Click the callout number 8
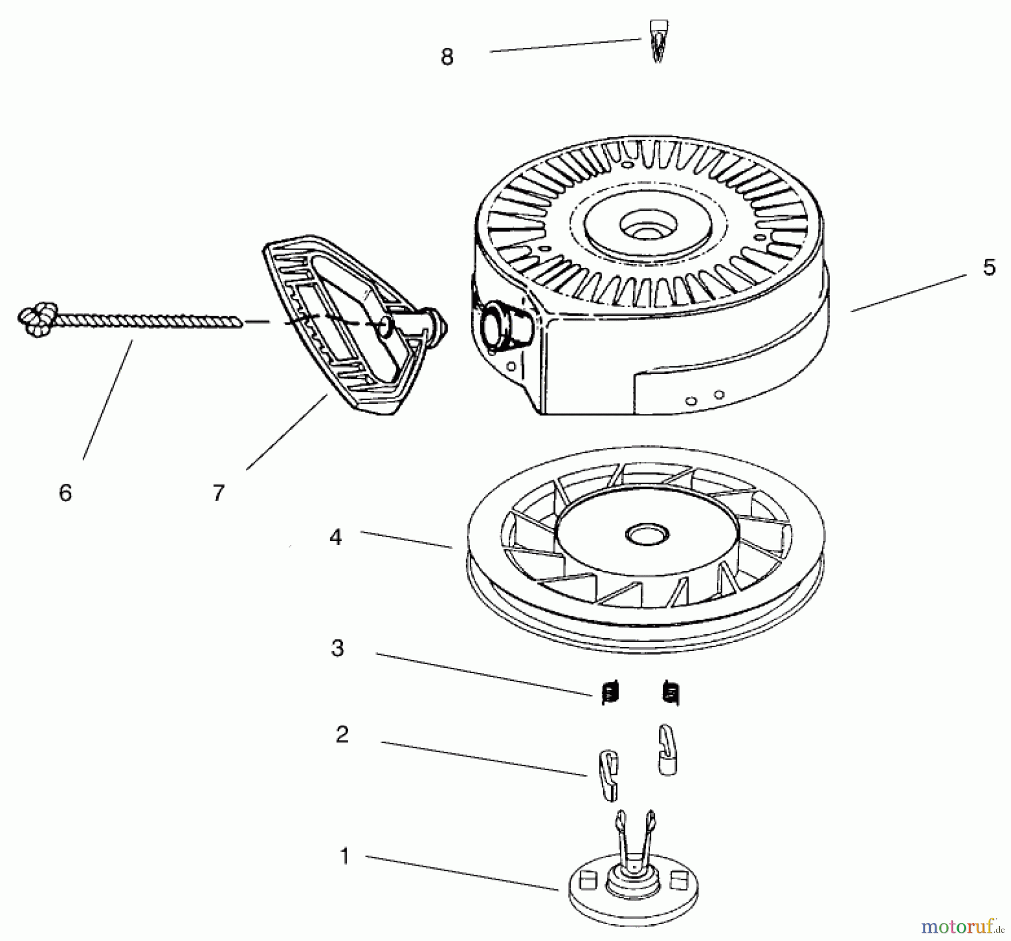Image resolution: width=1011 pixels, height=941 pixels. point(447,57)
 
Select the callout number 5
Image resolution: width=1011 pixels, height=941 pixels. point(989,267)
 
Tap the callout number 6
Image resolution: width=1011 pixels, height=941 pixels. point(65,493)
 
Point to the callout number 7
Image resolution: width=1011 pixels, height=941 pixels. point(219,493)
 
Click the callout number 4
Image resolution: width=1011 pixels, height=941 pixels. point(335,538)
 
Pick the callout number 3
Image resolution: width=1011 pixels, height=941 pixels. point(338,648)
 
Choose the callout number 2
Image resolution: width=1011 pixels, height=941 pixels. point(342,734)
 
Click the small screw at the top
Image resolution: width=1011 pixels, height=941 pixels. point(658,41)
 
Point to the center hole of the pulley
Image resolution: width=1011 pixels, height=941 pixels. point(644,534)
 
